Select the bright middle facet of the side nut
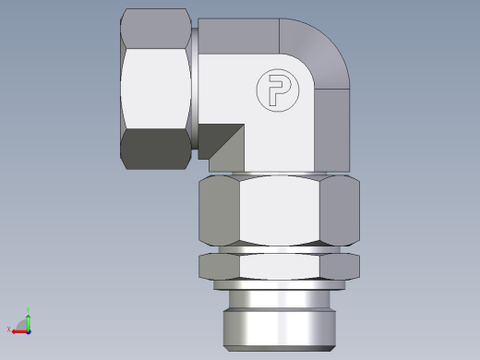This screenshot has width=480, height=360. (x=157, y=88)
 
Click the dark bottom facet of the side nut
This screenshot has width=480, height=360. (x=157, y=149)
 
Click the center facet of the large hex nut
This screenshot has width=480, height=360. (x=279, y=209)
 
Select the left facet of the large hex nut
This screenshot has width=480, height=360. (x=220, y=209)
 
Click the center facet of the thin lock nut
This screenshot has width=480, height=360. (x=279, y=266)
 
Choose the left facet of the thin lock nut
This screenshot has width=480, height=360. (x=220, y=266)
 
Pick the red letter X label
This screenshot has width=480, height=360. (x=8, y=330)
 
